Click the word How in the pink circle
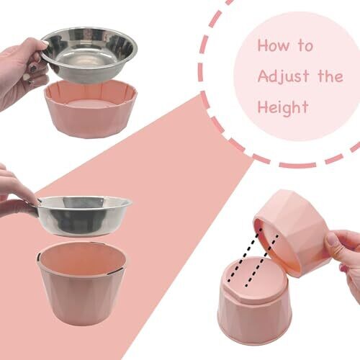pos(274,45)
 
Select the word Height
pos(283,108)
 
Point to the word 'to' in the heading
pos(305,45)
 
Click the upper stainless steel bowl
pos(89,55)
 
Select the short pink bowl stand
pos(91,109)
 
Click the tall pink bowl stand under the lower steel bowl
pos(82,282)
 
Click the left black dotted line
pos(243,255)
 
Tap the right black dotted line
pos(262,261)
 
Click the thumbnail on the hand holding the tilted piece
pos(333,240)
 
